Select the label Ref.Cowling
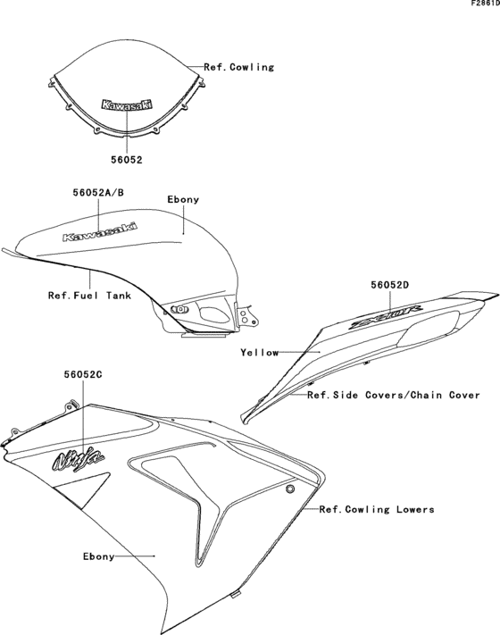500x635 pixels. click(x=238, y=67)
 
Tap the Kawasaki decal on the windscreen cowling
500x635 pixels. click(x=127, y=104)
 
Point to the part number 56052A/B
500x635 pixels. click(x=99, y=192)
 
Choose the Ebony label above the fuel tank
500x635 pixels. click(x=183, y=199)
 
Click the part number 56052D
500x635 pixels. click(x=390, y=286)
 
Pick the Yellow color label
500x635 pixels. click(x=260, y=352)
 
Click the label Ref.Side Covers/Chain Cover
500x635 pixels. click(x=394, y=394)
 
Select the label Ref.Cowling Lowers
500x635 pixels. click(x=377, y=509)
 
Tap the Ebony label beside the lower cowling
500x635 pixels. click(x=98, y=556)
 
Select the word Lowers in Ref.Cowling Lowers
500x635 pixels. click(x=415, y=509)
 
